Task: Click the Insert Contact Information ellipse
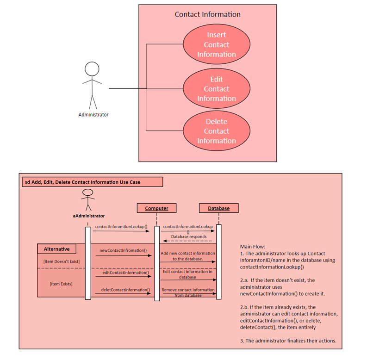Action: [x=217, y=44]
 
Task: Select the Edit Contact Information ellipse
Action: [x=217, y=89]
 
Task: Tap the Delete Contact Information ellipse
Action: [x=217, y=131]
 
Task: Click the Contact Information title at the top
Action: [x=207, y=14]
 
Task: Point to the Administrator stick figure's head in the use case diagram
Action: [x=92, y=69]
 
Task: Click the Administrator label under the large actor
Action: [x=93, y=114]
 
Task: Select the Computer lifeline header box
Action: [x=156, y=208]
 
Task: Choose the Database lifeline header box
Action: [x=218, y=208]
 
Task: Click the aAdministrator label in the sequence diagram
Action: [x=88, y=216]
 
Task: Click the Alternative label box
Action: [x=56, y=249]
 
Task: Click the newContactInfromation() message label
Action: [x=123, y=251]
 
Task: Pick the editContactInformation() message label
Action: [x=123, y=273]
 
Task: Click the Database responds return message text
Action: [x=189, y=236]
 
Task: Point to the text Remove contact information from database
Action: [x=188, y=292]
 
